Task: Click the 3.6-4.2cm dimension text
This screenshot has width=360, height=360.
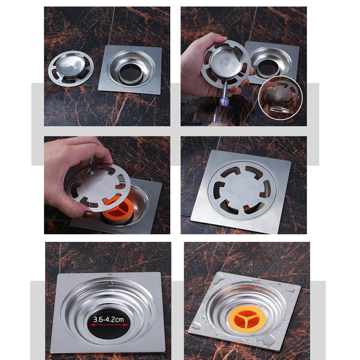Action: pos(109,319)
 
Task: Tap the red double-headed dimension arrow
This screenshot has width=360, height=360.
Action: pos(109,325)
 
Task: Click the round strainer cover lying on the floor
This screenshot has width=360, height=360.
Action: pos(71,68)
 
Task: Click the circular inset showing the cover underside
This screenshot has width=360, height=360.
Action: pos(280,98)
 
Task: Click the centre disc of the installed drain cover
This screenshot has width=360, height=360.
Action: pos(242,190)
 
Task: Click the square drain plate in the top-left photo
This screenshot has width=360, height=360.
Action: pos(130,69)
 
